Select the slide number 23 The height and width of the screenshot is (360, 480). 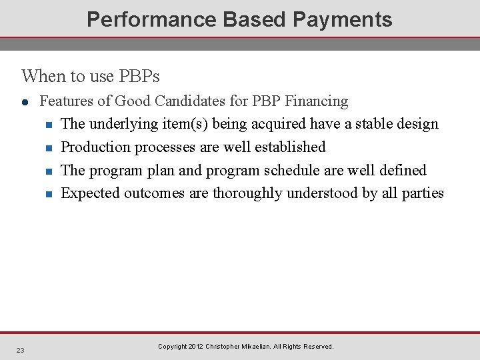(21, 350)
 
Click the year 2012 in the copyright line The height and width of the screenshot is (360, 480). (195, 347)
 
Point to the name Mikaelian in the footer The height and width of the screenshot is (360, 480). (270, 347)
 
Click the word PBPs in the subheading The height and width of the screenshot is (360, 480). (139, 76)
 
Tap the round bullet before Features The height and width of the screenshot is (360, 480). (25, 101)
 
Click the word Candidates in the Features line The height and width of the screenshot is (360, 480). (211, 101)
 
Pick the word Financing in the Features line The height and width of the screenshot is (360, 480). (317, 101)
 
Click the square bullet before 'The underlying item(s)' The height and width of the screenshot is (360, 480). (48, 125)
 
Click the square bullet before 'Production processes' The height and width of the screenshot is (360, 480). (48, 148)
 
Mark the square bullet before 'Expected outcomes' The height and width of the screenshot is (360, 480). (48, 195)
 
